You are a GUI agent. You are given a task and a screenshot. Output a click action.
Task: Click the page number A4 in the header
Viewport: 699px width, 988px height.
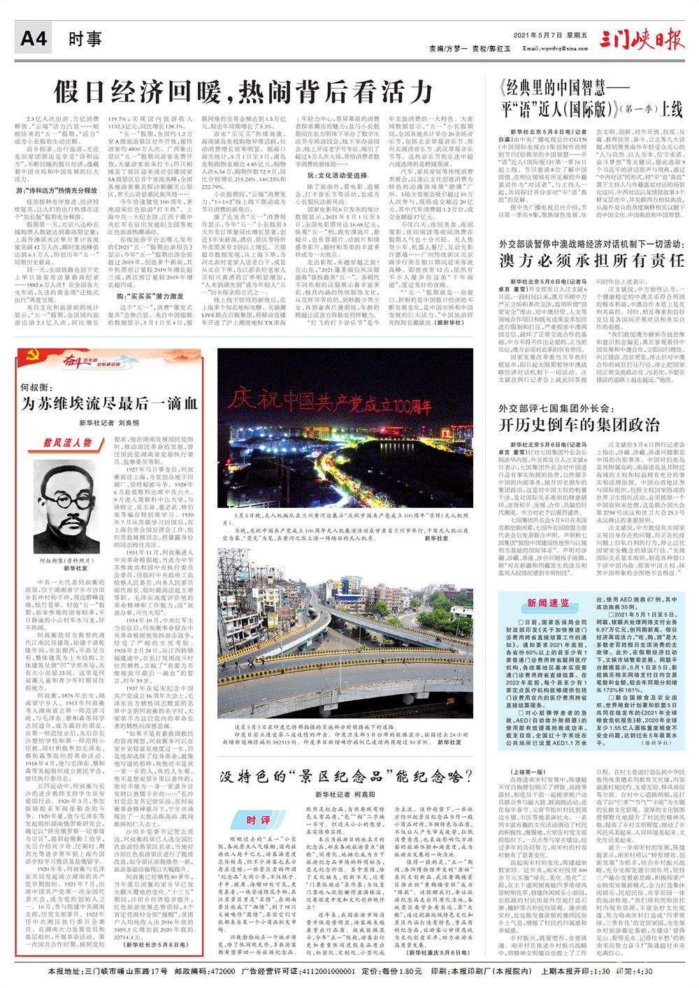[x=33, y=38]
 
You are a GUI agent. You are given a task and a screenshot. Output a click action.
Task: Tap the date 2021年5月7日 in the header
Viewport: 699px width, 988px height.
[x=536, y=35]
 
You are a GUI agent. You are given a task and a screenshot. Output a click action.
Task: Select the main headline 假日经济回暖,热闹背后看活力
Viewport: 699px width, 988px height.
[x=244, y=91]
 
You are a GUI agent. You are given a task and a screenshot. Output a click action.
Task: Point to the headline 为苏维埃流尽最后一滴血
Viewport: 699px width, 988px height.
[x=109, y=403]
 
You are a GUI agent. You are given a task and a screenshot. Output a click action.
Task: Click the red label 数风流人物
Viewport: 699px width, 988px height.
[x=67, y=442]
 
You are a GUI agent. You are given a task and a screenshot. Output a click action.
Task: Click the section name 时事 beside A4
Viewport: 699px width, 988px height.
[x=85, y=38]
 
